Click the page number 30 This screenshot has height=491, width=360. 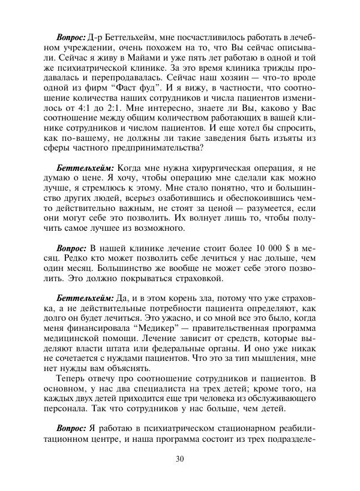click(x=179, y=460)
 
